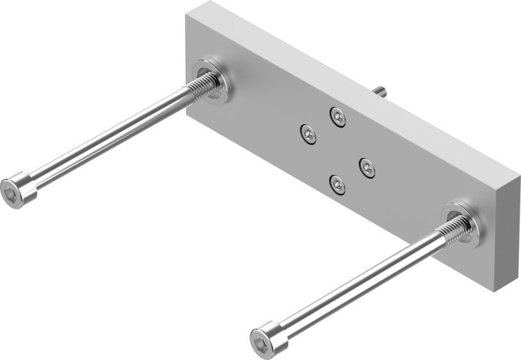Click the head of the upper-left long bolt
pyautogui.click(x=20, y=189)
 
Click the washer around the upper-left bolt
pyautogui.click(x=211, y=82)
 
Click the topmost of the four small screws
pyautogui.click(x=337, y=117)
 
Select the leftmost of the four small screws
pyautogui.click(x=308, y=134)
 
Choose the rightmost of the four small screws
pyautogui.click(x=367, y=168)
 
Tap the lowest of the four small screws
pyautogui.click(x=337, y=185)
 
